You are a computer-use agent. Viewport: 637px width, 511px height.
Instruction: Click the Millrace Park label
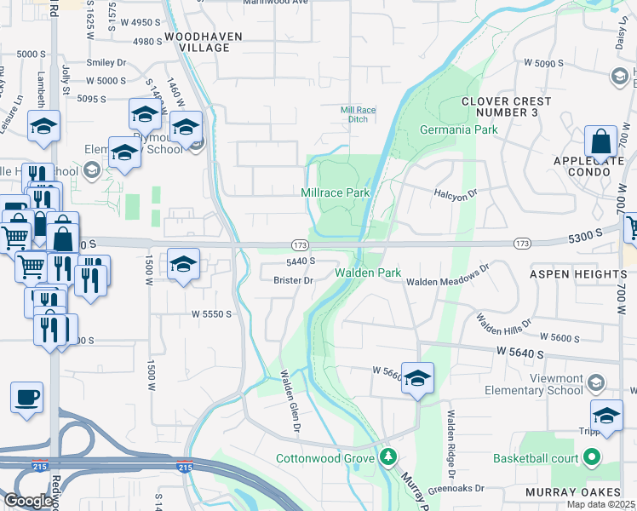click(336, 192)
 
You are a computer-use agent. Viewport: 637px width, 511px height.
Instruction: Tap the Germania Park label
click(458, 130)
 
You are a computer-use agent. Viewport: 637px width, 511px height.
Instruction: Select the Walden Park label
click(367, 273)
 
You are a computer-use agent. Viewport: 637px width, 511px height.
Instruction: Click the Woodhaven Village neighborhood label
click(204, 42)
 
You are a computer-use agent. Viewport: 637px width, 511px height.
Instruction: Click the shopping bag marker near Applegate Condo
click(601, 142)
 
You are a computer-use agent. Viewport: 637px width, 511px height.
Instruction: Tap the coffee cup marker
click(26, 396)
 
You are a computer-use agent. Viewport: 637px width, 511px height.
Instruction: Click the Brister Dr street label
click(294, 280)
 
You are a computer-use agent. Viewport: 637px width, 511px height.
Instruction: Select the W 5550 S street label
click(212, 313)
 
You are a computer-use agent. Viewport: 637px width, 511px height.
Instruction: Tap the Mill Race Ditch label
click(358, 114)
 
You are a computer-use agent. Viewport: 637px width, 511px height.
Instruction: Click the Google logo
click(27, 501)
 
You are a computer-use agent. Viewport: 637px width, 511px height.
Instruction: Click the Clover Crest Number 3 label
click(506, 106)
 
